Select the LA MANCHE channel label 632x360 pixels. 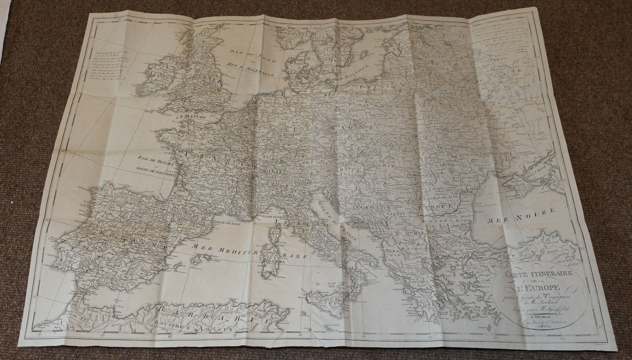[x=191, y=117]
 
